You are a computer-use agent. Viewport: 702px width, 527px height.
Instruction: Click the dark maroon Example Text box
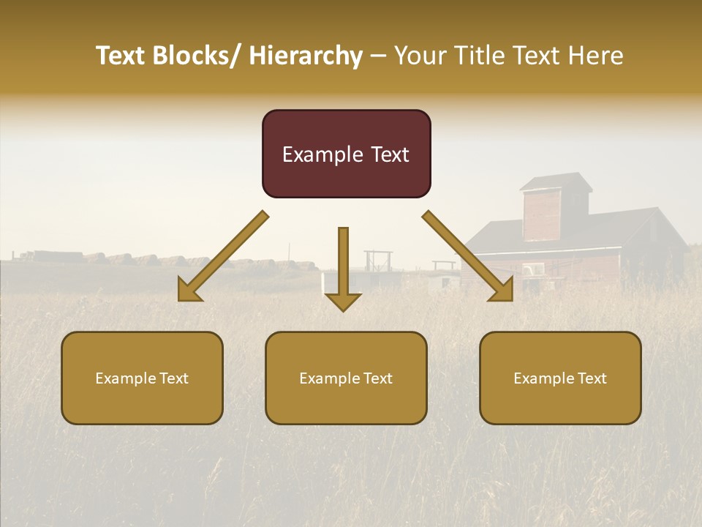pyautogui.click(x=346, y=154)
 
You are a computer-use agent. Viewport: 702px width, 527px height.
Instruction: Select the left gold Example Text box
pyautogui.click(x=142, y=378)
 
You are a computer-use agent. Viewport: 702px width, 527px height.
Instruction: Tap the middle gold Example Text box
pyautogui.click(x=346, y=378)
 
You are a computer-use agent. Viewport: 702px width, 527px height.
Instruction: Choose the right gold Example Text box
pyautogui.click(x=560, y=378)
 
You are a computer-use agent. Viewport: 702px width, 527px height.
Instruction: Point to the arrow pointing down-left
pyautogui.click(x=223, y=256)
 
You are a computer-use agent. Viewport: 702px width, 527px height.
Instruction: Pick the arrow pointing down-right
pyautogui.click(x=468, y=256)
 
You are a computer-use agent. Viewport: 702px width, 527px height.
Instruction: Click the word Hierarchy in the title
pyautogui.click(x=305, y=56)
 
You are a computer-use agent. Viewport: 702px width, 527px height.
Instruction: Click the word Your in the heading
pyautogui.click(x=419, y=56)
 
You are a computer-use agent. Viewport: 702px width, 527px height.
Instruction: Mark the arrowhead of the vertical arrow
pyautogui.click(x=343, y=301)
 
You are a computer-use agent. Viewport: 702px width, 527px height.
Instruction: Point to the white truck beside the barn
pyautogui.click(x=535, y=270)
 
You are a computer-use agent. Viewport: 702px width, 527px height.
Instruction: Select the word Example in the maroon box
pyautogui.click(x=312, y=154)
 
